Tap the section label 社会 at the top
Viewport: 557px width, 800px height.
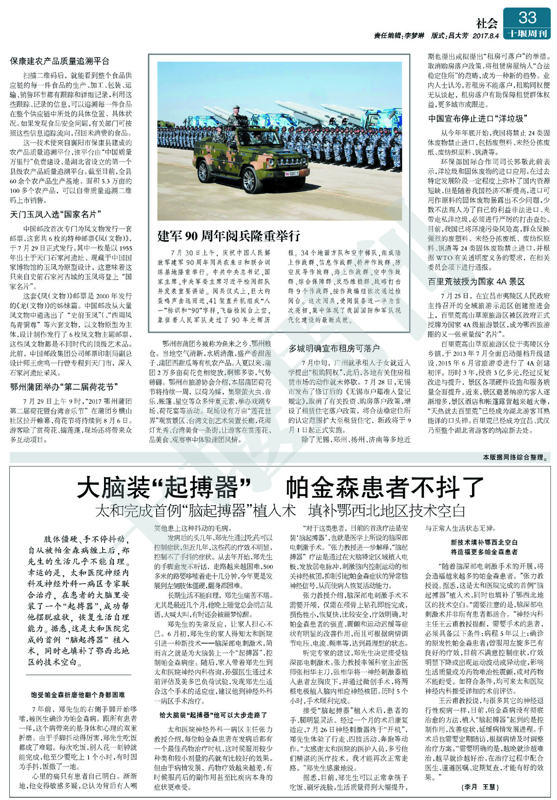coord(487,22)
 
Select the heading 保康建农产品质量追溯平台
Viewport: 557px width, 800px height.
coord(60,61)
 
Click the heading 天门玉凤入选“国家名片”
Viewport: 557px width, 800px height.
coord(56,214)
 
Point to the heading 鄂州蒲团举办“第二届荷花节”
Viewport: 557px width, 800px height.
coord(63,386)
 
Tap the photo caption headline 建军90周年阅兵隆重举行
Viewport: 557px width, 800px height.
coord(229,235)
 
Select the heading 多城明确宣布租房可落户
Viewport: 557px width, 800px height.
coord(334,348)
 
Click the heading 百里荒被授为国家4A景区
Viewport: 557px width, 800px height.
coord(476,281)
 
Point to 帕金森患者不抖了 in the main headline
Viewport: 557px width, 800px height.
coord(384,488)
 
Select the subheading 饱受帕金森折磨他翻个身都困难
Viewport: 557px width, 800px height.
coord(78,695)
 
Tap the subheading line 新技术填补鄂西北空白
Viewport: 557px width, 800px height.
coord(484,542)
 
